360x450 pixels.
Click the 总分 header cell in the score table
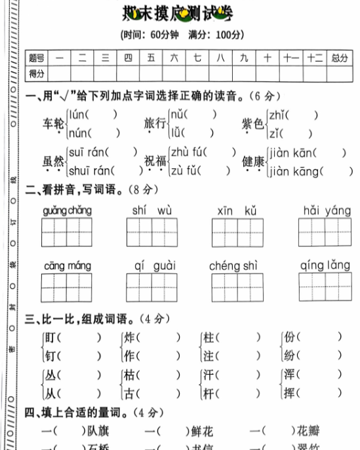[339, 58]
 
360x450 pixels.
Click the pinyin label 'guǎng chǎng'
[68, 210]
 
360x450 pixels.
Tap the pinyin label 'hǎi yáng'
[327, 210]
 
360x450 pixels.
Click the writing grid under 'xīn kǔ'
[236, 233]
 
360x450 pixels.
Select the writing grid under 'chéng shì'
[236, 288]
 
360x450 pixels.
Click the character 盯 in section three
[50, 338]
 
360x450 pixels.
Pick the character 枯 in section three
[130, 376]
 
